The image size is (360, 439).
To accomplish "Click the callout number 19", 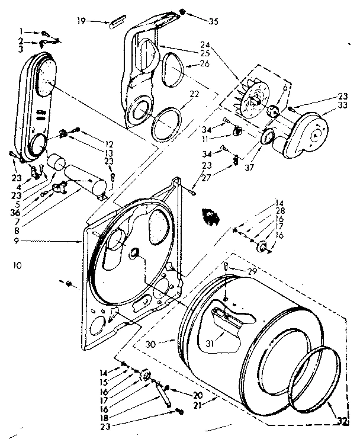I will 82,21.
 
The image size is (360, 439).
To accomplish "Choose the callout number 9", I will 21,241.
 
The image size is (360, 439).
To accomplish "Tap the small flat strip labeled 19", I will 113,23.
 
